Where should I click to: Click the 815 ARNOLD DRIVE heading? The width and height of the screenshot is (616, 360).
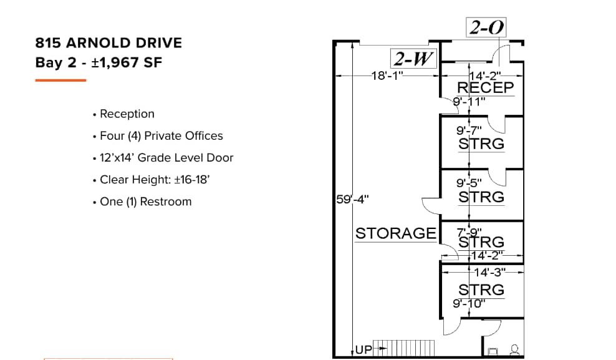click(109, 43)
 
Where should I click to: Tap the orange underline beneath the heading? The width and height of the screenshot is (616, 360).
click(60, 80)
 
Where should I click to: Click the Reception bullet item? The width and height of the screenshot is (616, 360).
click(127, 114)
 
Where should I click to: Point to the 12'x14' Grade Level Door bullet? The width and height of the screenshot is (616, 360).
click(166, 157)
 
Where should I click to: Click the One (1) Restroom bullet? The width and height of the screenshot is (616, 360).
click(145, 202)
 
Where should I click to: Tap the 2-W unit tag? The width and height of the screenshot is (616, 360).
click(413, 59)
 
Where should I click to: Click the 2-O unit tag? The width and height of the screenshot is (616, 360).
click(486, 27)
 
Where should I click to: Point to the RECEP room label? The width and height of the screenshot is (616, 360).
click(486, 88)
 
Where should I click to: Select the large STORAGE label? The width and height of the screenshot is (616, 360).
click(396, 233)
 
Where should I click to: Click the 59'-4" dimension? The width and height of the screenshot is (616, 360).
click(352, 200)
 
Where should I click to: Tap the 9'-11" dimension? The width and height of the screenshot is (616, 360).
click(469, 102)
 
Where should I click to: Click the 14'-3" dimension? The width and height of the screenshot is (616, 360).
click(489, 272)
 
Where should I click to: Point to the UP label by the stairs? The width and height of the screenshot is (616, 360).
click(363, 349)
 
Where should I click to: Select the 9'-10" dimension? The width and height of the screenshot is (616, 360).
click(469, 303)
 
